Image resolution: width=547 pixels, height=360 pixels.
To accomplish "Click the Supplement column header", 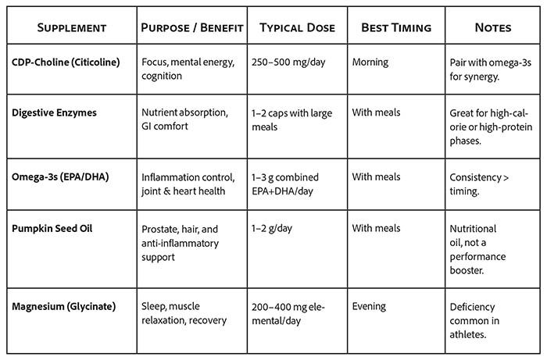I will tap(70, 28).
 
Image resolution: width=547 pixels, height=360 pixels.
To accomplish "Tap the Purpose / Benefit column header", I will tap(192, 28).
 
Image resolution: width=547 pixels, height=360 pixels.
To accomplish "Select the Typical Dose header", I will tap(296, 28).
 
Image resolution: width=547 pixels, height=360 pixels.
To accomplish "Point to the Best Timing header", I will tap(395, 28).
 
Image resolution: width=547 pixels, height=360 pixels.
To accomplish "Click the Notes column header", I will tap(492, 28).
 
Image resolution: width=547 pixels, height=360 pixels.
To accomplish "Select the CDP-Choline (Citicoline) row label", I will tap(66, 61).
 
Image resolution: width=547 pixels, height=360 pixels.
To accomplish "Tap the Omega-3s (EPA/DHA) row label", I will tap(60, 177).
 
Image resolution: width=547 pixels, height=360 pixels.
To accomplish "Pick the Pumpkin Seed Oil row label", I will tap(52, 230).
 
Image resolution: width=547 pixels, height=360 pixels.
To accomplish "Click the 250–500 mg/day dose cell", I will tap(288, 61).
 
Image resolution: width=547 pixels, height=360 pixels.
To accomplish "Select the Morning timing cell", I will tap(372, 61).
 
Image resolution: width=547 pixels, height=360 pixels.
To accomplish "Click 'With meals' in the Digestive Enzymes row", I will tap(376, 113).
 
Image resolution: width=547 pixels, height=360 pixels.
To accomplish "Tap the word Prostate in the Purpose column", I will tap(162, 230).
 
